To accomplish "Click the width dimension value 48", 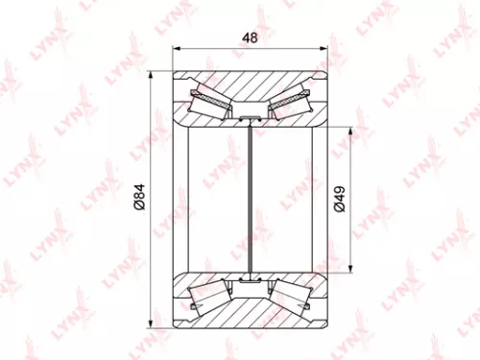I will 248,38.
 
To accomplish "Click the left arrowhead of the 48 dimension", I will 176,48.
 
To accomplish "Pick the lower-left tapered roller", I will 208,299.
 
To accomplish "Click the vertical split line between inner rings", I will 250,199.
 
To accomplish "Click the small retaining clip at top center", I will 250,117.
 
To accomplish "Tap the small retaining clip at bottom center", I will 250,280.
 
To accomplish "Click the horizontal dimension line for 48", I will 211,48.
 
